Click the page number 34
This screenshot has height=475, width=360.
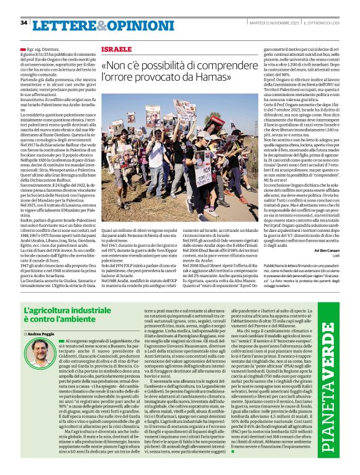24,22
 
